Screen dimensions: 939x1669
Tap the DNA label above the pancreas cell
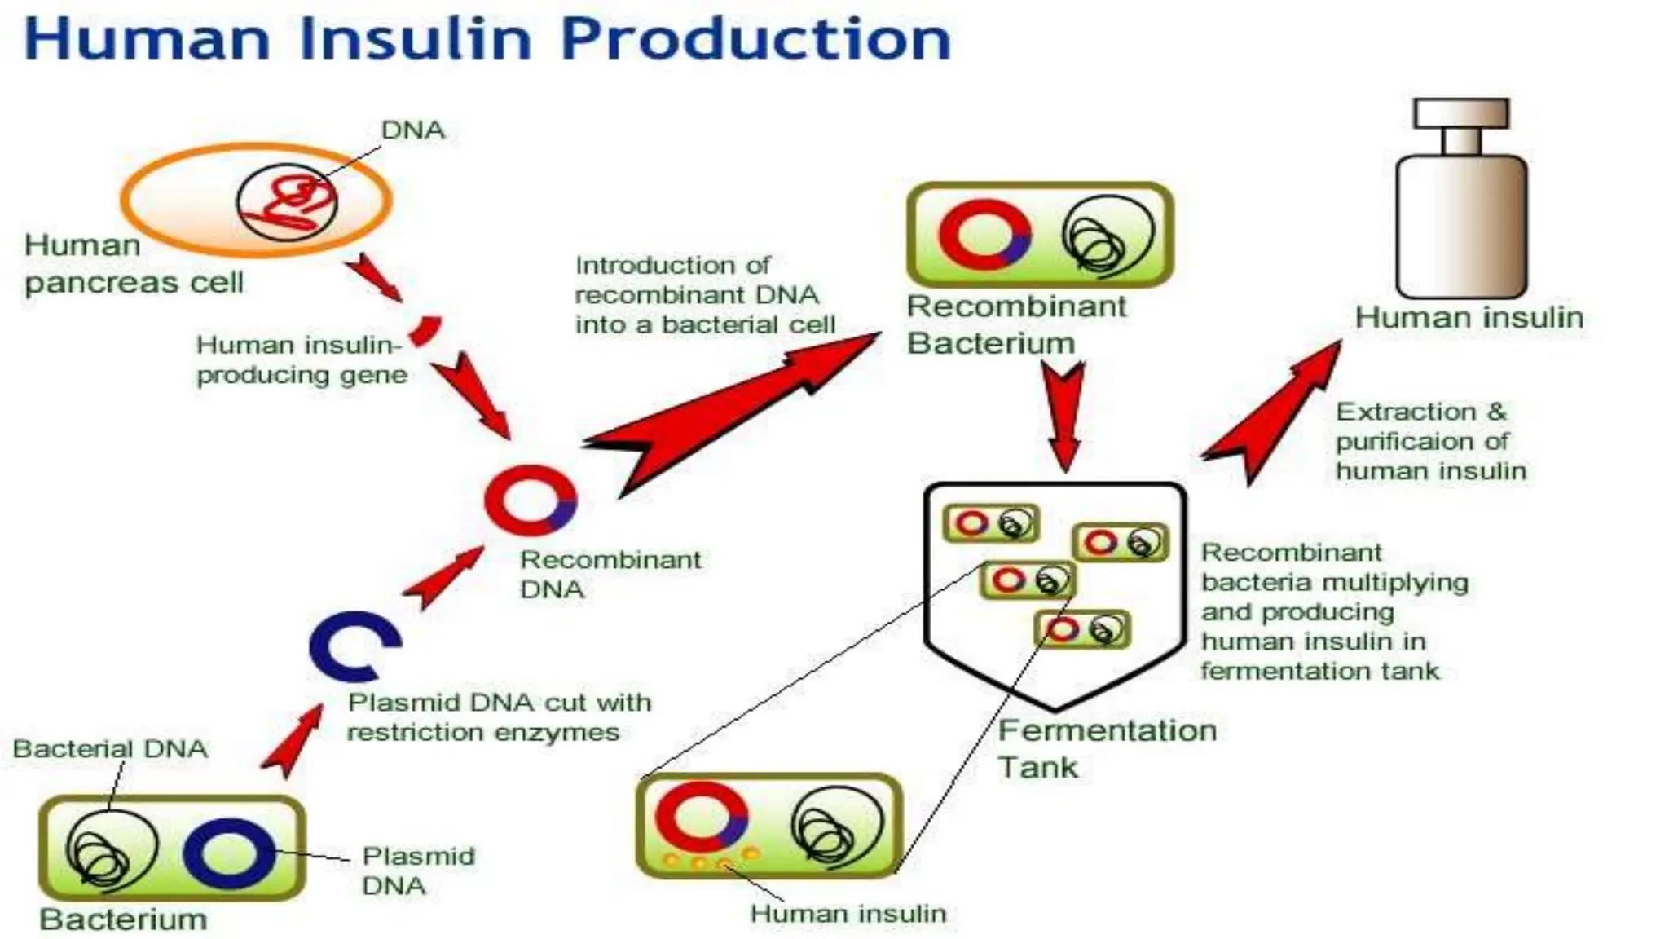click(x=412, y=130)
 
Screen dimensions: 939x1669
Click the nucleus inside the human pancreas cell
click(x=287, y=202)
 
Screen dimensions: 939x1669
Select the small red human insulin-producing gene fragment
click(x=425, y=329)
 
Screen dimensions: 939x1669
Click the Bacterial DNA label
click(x=110, y=748)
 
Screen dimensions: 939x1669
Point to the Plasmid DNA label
click(x=418, y=871)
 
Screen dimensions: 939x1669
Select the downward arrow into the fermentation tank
click(x=1064, y=416)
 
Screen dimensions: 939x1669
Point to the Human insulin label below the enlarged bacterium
click(x=848, y=914)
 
